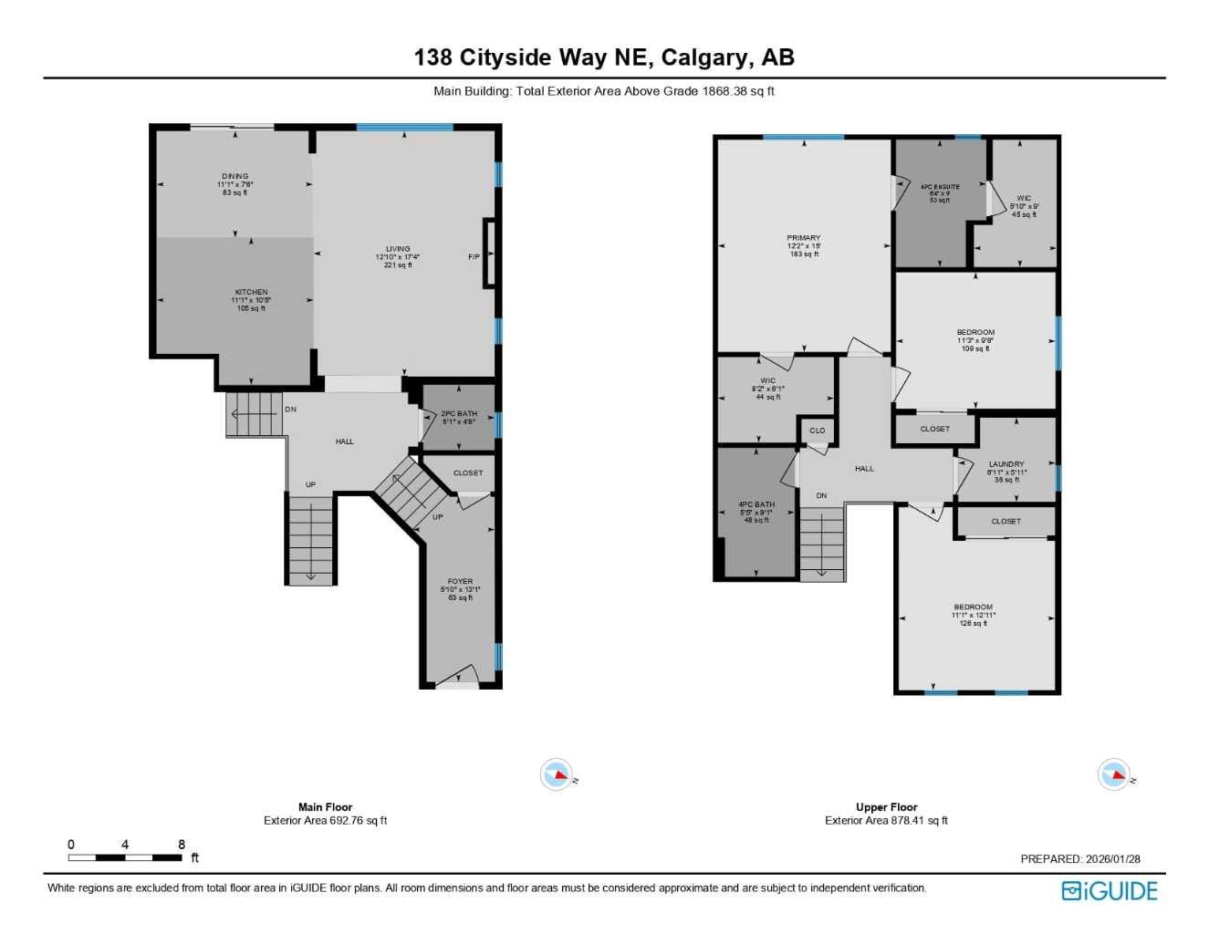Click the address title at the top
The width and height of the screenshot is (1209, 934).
click(604, 57)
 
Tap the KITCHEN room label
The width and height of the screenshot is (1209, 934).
click(251, 293)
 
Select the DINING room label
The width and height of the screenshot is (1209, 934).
click(235, 177)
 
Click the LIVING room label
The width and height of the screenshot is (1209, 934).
click(398, 249)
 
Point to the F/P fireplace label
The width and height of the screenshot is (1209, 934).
click(474, 257)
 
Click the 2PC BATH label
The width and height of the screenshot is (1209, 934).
click(459, 414)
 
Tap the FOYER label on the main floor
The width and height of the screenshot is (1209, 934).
click(460, 582)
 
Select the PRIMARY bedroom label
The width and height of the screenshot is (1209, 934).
click(804, 238)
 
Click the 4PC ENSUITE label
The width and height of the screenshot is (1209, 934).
click(940, 187)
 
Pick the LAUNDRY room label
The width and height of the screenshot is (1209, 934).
click(1006, 464)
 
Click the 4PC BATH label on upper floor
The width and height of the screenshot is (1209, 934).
click(756, 504)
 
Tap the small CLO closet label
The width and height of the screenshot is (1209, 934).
click(818, 431)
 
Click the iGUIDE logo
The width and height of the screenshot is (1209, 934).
click(1110, 890)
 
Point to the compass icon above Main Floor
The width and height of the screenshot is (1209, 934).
click(557, 775)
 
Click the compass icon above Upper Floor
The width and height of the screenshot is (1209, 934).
click(1114, 775)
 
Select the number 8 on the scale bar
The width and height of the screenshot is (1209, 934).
click(182, 845)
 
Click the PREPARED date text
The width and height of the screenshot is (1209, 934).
click(1080, 859)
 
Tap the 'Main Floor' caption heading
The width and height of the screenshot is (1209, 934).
click(325, 807)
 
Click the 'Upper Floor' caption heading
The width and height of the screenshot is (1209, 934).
click(886, 807)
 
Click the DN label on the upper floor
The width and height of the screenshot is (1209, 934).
click(821, 496)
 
